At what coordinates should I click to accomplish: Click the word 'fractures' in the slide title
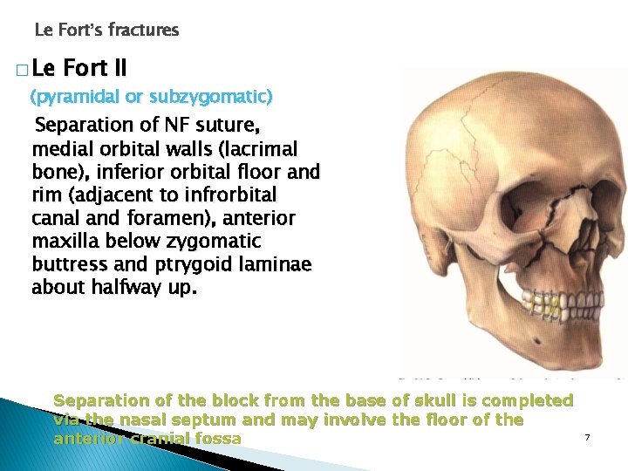(x=143, y=31)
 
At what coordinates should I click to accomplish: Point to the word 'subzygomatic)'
(x=222, y=95)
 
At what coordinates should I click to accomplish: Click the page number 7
(x=588, y=435)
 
